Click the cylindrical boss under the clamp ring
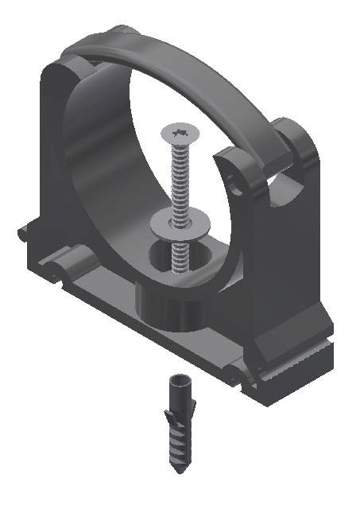(x=171, y=306)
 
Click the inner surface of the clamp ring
(x=103, y=159)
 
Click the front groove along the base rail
(x=159, y=334)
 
